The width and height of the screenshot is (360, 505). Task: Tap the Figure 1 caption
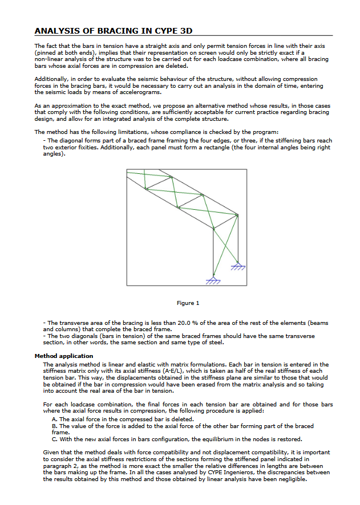click(188, 303)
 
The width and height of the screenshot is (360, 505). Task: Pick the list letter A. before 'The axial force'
click(54, 419)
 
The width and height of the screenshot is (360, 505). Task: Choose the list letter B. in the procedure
click(54, 426)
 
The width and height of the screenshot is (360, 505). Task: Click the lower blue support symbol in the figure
click(213, 280)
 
